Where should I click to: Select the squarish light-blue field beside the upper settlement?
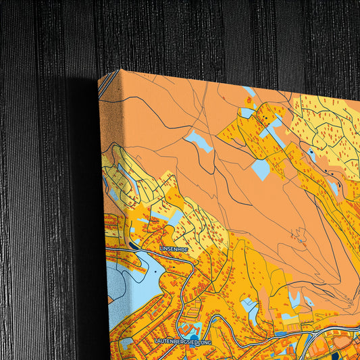[x=261, y=169]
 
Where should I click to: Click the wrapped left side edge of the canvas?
[x=103, y=203]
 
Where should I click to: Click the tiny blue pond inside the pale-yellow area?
[x=310, y=153]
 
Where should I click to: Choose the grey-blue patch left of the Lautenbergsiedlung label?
[x=126, y=342]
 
